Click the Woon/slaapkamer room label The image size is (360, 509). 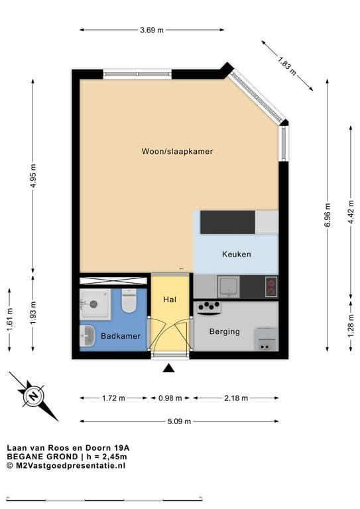[177, 151]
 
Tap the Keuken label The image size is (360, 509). [236, 254]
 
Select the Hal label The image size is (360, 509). [170, 300]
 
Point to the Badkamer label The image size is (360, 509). [121, 337]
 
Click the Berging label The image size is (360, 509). [224, 331]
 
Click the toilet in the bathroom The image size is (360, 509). [129, 302]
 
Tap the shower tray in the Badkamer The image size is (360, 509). [94, 303]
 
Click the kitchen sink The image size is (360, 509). [229, 286]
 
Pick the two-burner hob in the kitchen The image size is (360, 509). [271, 287]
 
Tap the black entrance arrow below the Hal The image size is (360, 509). [169, 368]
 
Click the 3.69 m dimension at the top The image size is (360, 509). [152, 30]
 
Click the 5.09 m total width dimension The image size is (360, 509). [179, 421]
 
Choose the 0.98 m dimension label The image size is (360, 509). [169, 398]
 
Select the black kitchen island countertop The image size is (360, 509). [227, 222]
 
